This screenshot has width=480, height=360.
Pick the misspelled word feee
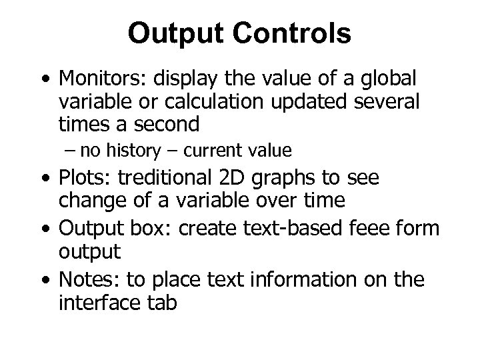coord(377,227)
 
